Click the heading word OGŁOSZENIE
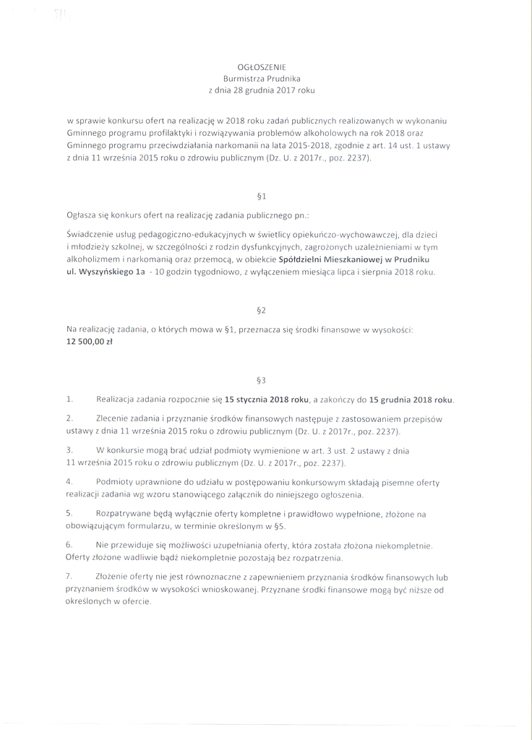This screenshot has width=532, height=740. (262, 66)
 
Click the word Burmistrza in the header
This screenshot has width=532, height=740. (244, 78)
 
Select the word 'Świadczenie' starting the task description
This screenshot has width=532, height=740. (88, 236)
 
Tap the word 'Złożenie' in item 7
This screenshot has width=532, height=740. (113, 577)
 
